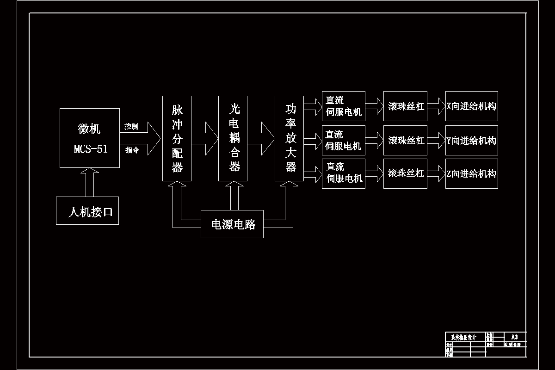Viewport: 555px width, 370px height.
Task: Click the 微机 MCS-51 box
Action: [90, 138]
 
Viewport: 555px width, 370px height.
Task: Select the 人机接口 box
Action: [87, 210]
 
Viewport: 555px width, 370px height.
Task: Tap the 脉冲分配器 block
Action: [177, 138]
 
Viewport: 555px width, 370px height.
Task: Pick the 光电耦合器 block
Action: [233, 138]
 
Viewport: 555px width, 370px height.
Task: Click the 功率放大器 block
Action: [289, 138]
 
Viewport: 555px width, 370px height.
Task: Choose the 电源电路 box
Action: [232, 224]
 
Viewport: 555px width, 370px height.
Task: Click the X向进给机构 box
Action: [471, 106]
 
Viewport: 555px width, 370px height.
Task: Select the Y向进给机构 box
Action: [471, 140]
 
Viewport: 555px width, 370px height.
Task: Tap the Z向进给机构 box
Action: [471, 173]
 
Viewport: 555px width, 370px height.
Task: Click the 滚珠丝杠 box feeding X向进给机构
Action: [405, 106]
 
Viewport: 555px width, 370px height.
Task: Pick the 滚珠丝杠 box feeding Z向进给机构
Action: [405, 173]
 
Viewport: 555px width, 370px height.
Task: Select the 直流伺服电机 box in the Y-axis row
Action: [344, 140]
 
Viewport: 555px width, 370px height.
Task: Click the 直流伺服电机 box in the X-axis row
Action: [344, 106]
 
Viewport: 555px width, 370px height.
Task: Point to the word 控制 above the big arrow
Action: [131, 126]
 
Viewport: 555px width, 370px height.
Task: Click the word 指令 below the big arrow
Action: [131, 150]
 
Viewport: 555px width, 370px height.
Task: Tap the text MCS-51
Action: [91, 149]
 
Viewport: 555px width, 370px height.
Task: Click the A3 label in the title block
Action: [515, 337]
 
